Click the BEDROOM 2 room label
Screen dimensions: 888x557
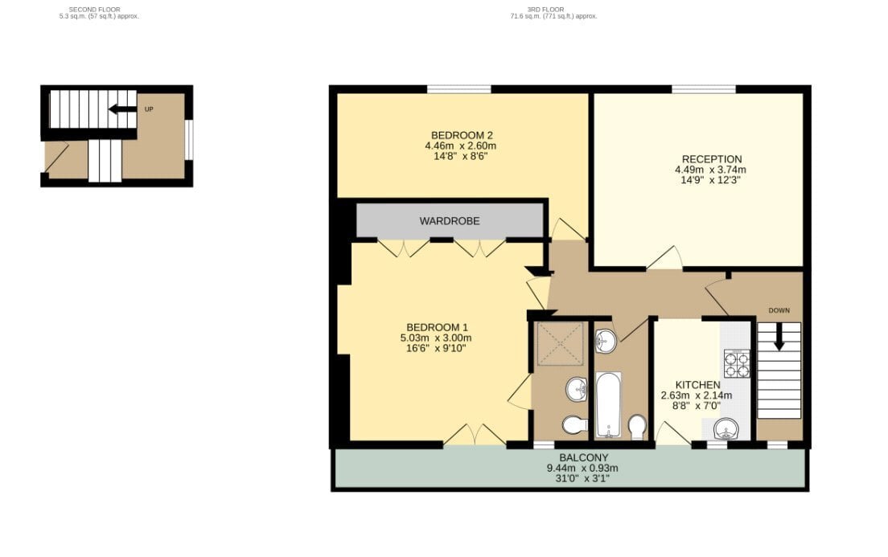coord(462,135)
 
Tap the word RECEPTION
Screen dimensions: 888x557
coord(711,160)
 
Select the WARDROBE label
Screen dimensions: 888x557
coord(449,221)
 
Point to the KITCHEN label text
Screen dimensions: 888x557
coord(697,385)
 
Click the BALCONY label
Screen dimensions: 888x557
coord(583,457)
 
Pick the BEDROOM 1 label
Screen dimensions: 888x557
coord(438,327)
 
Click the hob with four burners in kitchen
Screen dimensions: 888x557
coord(737,363)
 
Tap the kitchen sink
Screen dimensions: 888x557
coord(726,428)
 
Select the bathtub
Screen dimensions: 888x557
coord(609,404)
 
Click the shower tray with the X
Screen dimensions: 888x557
coord(560,343)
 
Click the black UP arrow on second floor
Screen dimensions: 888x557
coord(122,109)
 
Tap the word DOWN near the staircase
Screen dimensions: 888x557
coord(779,310)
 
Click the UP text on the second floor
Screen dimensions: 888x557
coord(149,109)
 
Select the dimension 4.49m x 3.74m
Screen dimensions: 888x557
coord(710,170)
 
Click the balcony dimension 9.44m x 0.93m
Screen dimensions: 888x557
coord(582,468)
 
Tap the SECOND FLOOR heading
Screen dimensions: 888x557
coord(95,10)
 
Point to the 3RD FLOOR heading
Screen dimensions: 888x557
coord(545,10)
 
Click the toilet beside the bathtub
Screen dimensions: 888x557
coord(637,428)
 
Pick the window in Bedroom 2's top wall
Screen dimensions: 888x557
coord(458,89)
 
